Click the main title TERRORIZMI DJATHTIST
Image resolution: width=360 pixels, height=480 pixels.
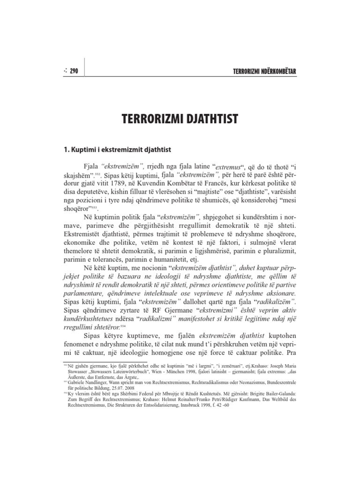(180, 119)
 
